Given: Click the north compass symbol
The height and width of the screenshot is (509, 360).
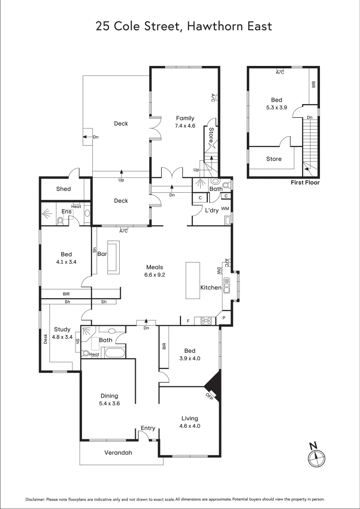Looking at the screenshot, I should tap(316, 456).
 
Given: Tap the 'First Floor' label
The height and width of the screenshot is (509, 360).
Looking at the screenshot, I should tap(305, 182).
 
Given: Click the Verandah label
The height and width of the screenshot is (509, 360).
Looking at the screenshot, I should tap(118, 453).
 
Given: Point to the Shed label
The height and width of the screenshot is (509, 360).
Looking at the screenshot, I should tap(64, 189).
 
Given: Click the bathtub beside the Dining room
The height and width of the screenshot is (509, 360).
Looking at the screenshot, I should tap(115, 353).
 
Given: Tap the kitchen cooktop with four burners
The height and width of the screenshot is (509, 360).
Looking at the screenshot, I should tap(206, 320).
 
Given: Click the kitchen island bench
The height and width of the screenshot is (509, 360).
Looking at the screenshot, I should tap(193, 280).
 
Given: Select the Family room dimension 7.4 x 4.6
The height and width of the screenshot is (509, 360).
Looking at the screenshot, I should tap(185, 126).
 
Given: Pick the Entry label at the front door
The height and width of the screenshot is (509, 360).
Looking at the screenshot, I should tap(148, 428).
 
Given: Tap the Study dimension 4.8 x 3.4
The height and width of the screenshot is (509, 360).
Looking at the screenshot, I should tap(62, 337).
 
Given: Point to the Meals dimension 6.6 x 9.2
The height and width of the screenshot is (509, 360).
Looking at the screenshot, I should tap(155, 274).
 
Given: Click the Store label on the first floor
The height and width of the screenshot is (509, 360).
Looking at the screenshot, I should tap(274, 159).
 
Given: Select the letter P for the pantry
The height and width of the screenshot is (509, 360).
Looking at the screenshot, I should tap(224, 318).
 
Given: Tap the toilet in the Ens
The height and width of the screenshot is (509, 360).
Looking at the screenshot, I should tap(60, 220).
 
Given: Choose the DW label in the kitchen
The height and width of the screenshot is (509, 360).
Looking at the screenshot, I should tap(219, 271).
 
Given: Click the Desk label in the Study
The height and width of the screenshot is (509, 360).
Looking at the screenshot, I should tap(46, 339).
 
